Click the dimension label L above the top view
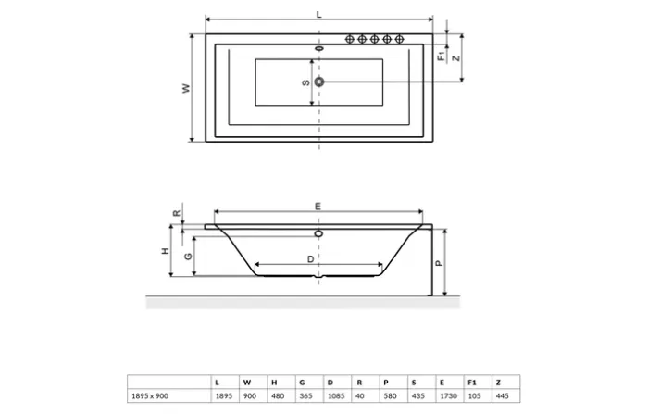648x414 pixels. [318, 14]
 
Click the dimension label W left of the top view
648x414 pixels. [185, 89]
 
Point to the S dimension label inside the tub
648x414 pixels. [305, 82]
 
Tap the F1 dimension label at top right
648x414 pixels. [442, 55]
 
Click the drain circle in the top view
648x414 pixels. [319, 82]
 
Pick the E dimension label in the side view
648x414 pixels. [318, 207]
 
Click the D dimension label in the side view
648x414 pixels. [310, 259]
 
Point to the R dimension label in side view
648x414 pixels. [177, 212]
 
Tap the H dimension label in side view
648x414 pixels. [165, 251]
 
